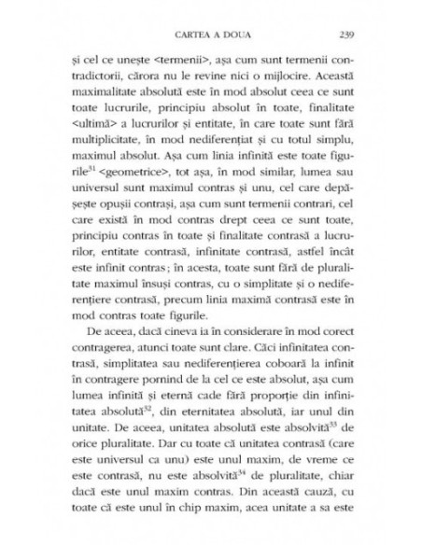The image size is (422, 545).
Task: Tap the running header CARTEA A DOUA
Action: (211, 24)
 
